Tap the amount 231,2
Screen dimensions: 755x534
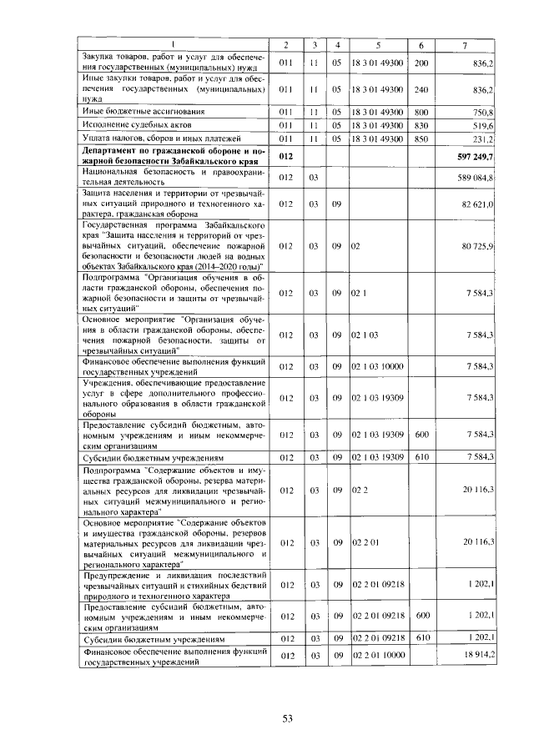pos(483,138)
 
